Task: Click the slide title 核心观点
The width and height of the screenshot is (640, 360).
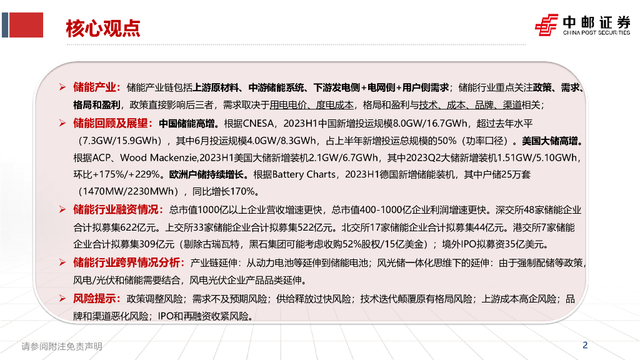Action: pyautogui.click(x=103, y=29)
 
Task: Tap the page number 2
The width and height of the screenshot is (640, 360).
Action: pyautogui.click(x=584, y=344)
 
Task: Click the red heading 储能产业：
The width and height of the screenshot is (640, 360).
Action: pyautogui.click(x=97, y=87)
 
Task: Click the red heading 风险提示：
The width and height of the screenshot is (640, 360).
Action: pyautogui.click(x=97, y=299)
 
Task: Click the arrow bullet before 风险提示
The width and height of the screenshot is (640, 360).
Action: pyautogui.click(x=62, y=299)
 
